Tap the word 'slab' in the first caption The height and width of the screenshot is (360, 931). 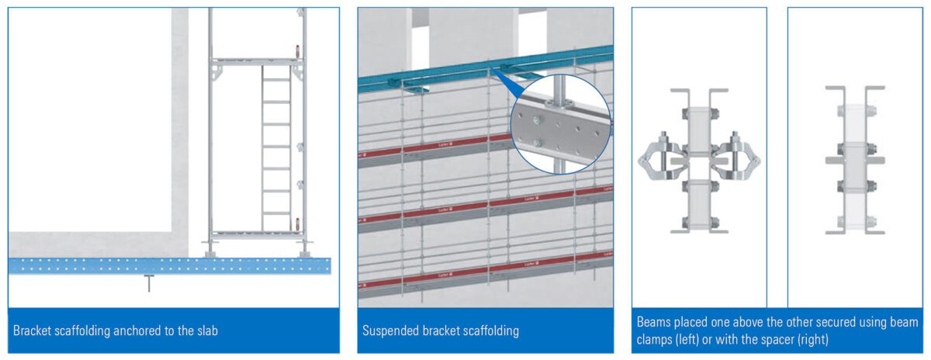pyautogui.click(x=206, y=331)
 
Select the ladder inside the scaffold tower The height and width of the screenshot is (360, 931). pyautogui.click(x=275, y=147)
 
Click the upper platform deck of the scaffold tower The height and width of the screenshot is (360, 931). pyautogui.click(x=256, y=61)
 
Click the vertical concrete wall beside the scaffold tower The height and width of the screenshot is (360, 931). pyautogui.click(x=179, y=116)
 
